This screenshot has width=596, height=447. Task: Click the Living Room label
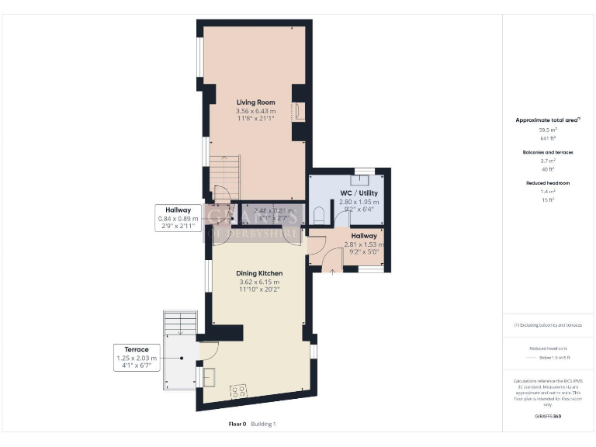tap(256, 102)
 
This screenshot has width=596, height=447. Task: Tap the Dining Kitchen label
tap(259, 273)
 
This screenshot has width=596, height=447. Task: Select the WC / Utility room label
tap(359, 192)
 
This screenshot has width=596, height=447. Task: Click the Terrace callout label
tap(136, 349)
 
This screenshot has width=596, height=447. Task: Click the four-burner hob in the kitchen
tap(238, 390)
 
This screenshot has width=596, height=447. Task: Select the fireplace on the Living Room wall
tap(298, 112)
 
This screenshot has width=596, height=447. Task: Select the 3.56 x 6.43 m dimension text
tap(256, 111)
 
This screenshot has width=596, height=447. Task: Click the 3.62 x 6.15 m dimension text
tap(259, 282)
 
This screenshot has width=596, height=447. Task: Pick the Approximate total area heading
tap(549, 120)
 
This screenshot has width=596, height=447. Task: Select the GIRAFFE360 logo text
tap(548, 417)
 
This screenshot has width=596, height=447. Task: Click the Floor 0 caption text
tap(237, 424)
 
